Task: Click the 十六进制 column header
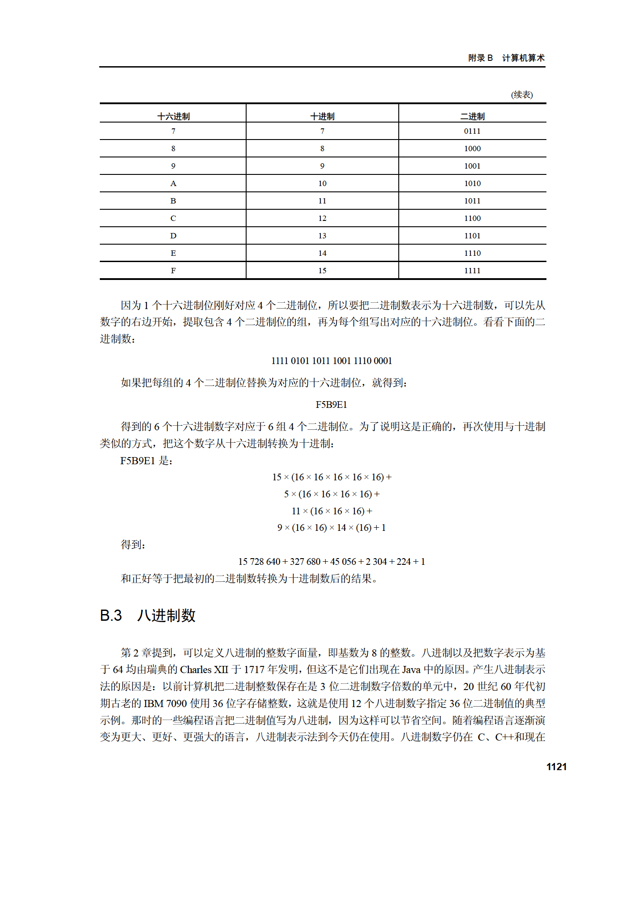coord(173,116)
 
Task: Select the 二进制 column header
coord(472,116)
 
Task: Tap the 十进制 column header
coord(322,116)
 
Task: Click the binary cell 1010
coord(472,183)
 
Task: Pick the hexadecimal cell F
coord(173,271)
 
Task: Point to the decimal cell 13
coord(322,236)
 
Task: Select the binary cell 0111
coord(472,131)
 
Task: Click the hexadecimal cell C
coord(173,218)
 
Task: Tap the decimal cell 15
coord(322,271)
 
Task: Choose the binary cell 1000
coord(472,148)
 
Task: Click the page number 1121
coord(556,767)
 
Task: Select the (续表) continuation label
coord(522,94)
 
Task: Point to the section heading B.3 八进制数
coord(148,615)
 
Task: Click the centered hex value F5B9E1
coord(331,405)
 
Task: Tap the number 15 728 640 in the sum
coord(259,562)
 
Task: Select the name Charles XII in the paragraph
coord(204,669)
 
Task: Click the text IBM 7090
coord(165,703)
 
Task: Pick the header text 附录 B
coord(481,58)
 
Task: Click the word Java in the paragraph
coord(411,669)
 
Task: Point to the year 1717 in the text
coord(254,669)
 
